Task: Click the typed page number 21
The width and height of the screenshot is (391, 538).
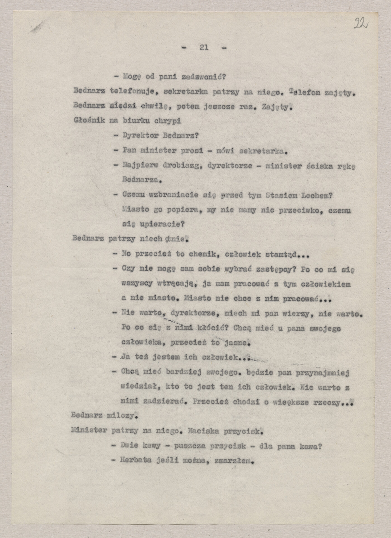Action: coord(204,47)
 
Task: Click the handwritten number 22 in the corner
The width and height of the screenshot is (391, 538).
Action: coord(361,23)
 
